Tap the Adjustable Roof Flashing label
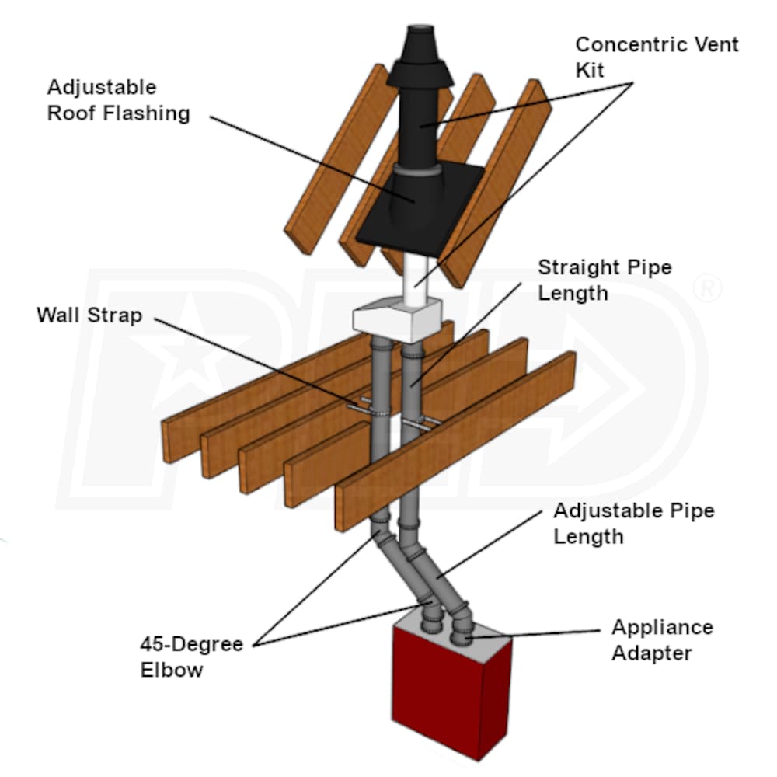click(118, 99)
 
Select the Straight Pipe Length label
click(605, 280)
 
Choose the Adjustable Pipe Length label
click(633, 523)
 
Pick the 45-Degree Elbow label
click(191, 657)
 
